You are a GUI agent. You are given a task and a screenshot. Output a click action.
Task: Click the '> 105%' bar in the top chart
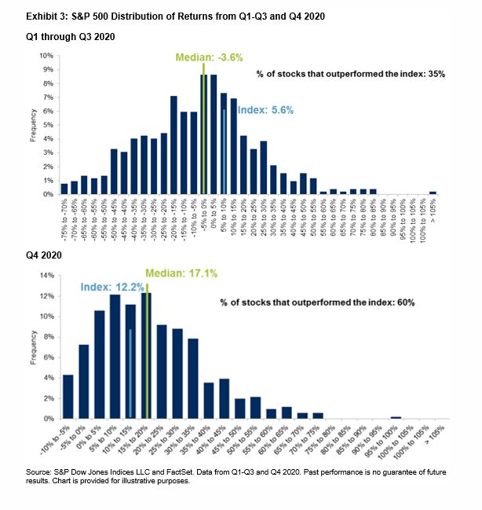(433, 193)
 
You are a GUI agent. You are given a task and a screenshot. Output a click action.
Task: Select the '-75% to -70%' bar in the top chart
(64, 189)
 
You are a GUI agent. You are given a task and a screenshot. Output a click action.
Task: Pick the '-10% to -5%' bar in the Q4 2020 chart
(68, 397)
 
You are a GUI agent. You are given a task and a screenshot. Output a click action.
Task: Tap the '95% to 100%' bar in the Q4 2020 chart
(396, 417)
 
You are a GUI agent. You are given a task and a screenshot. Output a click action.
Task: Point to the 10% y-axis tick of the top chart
(48, 57)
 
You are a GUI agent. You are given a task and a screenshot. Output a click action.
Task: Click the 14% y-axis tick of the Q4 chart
(48, 275)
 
